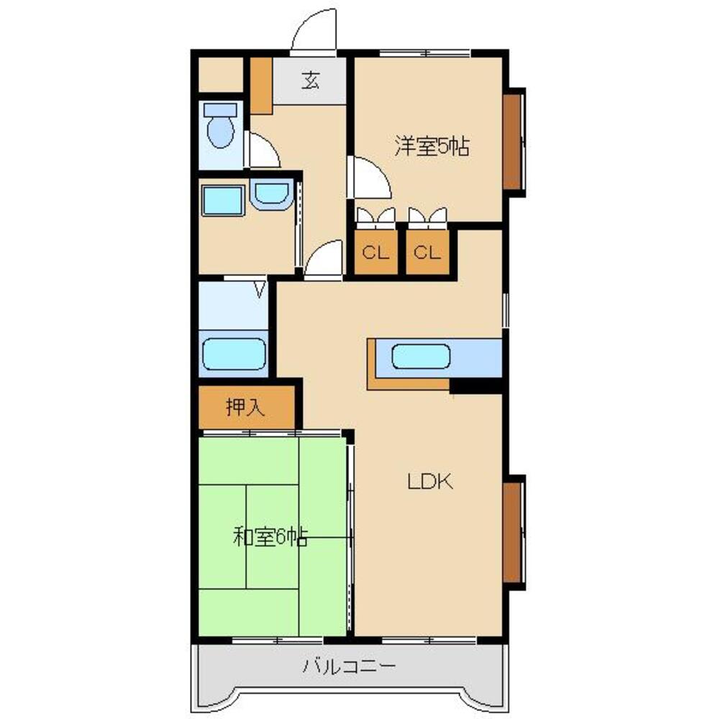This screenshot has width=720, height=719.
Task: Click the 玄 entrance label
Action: [x=311, y=81]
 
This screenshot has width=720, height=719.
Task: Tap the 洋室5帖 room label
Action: [x=432, y=147]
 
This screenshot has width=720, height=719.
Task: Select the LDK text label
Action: [x=430, y=481]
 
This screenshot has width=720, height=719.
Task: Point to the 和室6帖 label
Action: [x=270, y=536]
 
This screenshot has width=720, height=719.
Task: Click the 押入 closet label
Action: [x=246, y=407]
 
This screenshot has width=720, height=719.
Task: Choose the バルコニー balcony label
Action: [x=349, y=666]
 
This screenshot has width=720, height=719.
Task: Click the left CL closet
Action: [x=376, y=252]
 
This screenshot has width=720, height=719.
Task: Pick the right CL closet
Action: [x=427, y=252]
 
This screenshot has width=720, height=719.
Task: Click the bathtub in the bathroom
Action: [x=234, y=354]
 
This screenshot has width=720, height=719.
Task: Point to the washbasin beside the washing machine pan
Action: [x=272, y=194]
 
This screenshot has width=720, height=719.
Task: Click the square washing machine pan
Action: [x=223, y=201]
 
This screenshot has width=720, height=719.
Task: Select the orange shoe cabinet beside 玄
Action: [x=261, y=86]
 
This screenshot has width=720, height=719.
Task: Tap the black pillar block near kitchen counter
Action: [x=475, y=385]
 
